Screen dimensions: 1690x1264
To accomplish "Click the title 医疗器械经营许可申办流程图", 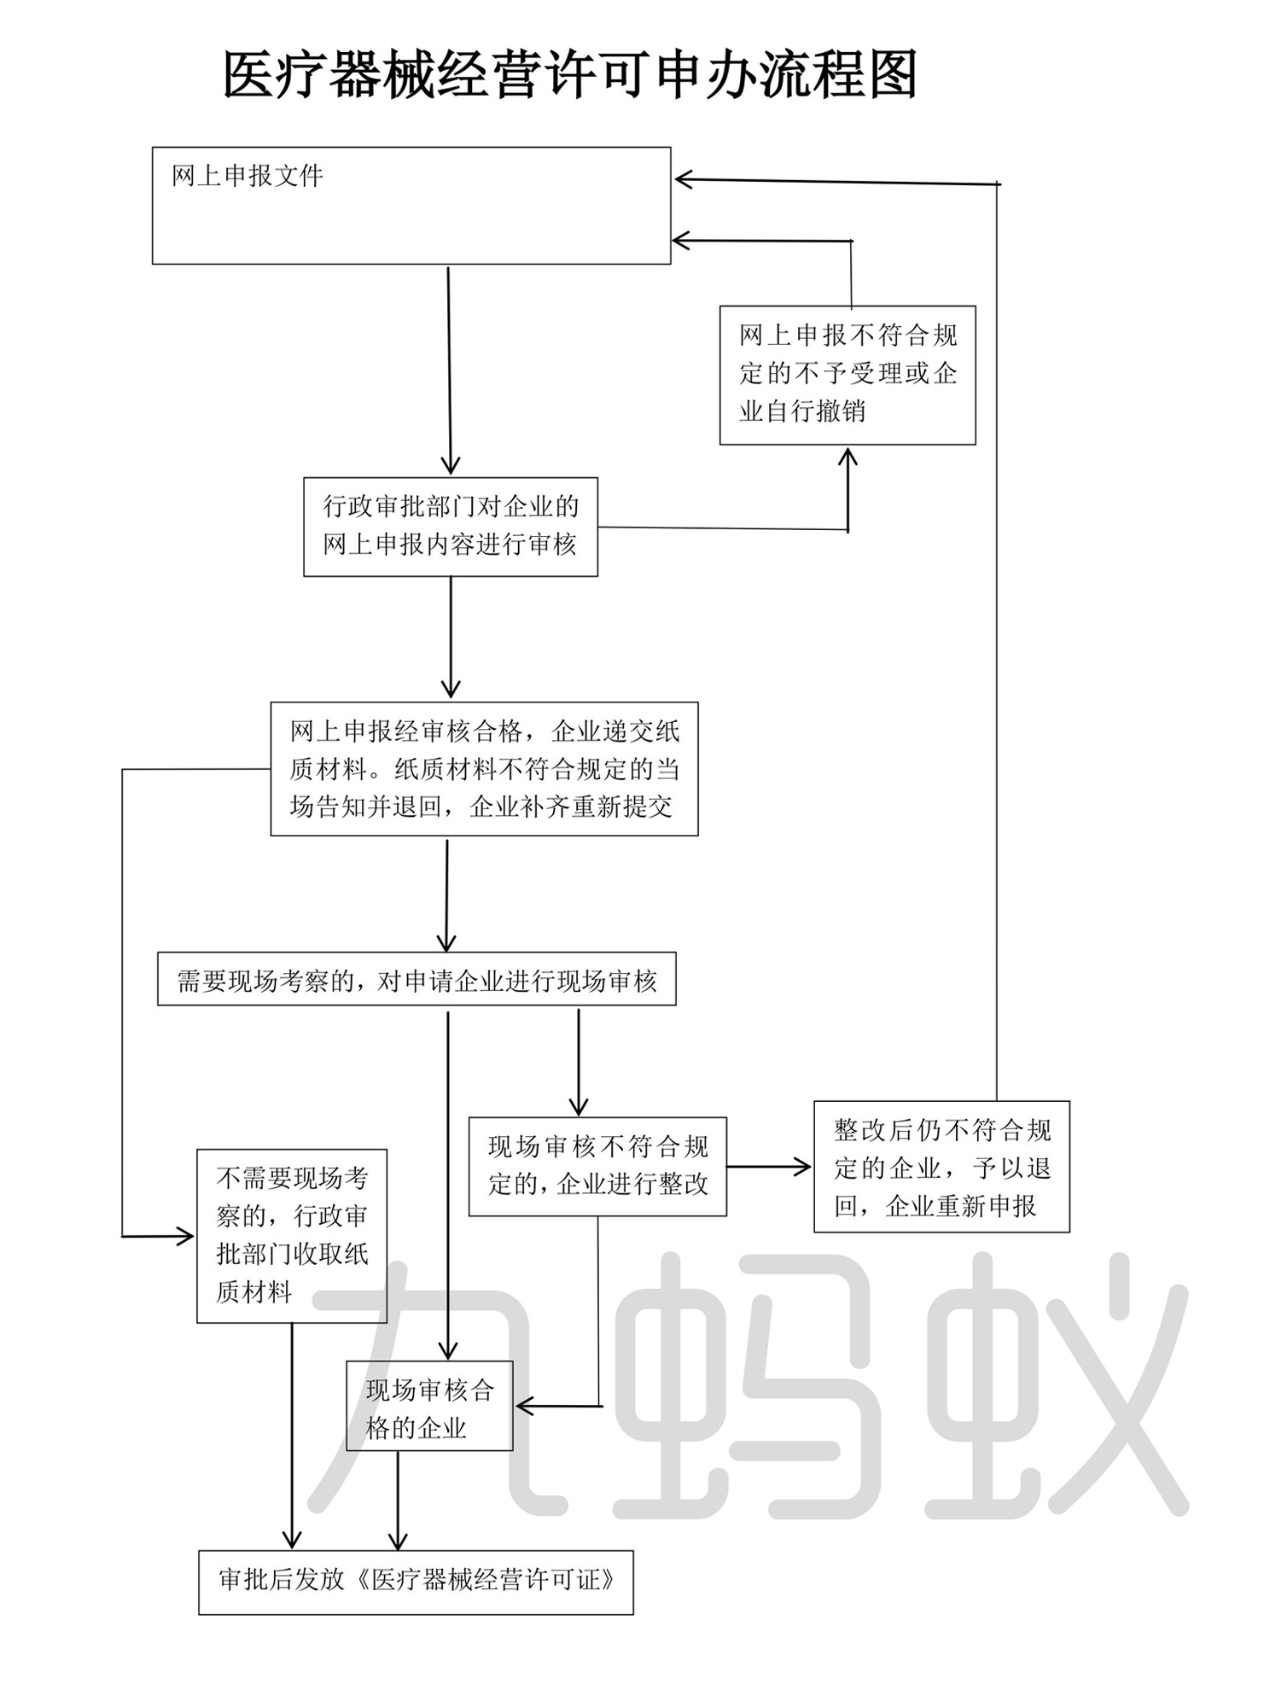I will click(x=569, y=75).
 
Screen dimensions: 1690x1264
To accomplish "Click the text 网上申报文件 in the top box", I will click(x=248, y=177).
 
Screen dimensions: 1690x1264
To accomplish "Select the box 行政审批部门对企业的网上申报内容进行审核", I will click(x=450, y=526).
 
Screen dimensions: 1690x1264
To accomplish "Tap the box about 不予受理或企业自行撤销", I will click(x=847, y=375).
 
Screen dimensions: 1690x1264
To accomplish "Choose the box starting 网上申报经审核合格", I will click(x=484, y=768).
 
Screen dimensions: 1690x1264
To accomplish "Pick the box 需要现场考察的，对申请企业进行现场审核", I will click(x=416, y=979).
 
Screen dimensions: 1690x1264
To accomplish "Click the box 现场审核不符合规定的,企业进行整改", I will click(x=597, y=1166).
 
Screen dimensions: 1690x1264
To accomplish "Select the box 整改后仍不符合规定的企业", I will click(x=941, y=1166).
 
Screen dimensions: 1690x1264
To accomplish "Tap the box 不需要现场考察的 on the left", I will click(x=292, y=1236).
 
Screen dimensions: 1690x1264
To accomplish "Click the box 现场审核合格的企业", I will click(x=429, y=1409).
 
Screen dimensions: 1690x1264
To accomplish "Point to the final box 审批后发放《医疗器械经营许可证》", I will click(x=416, y=1582).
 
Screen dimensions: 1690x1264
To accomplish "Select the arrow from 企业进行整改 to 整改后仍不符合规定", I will click(x=768, y=1167).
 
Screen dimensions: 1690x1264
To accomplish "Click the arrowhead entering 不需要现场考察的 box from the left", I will click(x=185, y=1235).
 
